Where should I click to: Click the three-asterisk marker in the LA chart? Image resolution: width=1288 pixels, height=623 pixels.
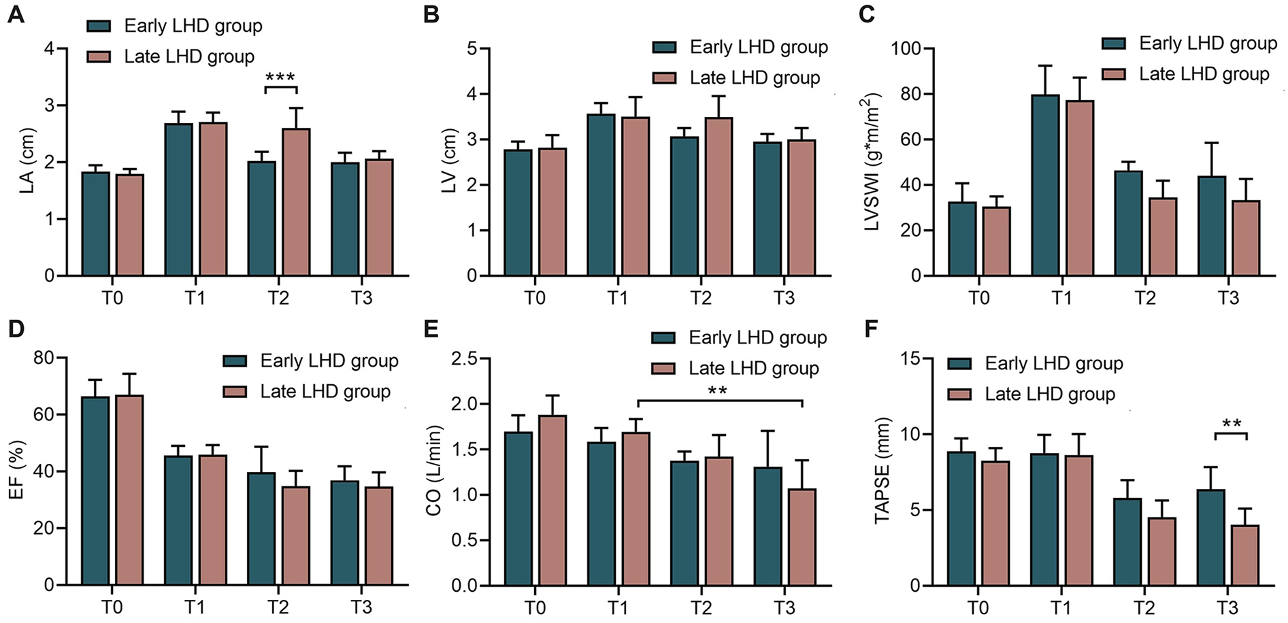pyautogui.click(x=280, y=77)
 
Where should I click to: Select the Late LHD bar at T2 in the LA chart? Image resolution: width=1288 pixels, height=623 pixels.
pyautogui.click(x=296, y=202)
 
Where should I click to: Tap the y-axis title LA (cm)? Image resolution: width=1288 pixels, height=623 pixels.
pyautogui.click(x=27, y=161)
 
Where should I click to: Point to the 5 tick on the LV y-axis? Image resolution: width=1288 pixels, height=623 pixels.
pyautogui.click(x=472, y=49)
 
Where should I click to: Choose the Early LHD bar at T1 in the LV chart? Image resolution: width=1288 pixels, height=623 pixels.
pyautogui.click(x=601, y=195)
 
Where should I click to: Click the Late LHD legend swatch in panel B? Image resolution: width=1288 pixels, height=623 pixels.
pyautogui.click(x=664, y=78)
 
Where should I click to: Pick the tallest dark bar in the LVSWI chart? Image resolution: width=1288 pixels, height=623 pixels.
pyautogui.click(x=1045, y=185)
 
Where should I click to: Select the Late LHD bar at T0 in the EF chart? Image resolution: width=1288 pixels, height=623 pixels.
pyautogui.click(x=129, y=490)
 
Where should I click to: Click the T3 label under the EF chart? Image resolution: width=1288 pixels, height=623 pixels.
pyautogui.click(x=361, y=607)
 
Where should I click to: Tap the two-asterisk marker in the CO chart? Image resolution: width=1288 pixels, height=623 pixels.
pyautogui.click(x=718, y=391)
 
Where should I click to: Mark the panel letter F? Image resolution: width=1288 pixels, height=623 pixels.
pyautogui.click(x=871, y=329)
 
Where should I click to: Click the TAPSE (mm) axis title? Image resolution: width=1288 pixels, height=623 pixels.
pyautogui.click(x=882, y=471)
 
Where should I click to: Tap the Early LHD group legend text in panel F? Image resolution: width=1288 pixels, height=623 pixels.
pyautogui.click(x=1053, y=363)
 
